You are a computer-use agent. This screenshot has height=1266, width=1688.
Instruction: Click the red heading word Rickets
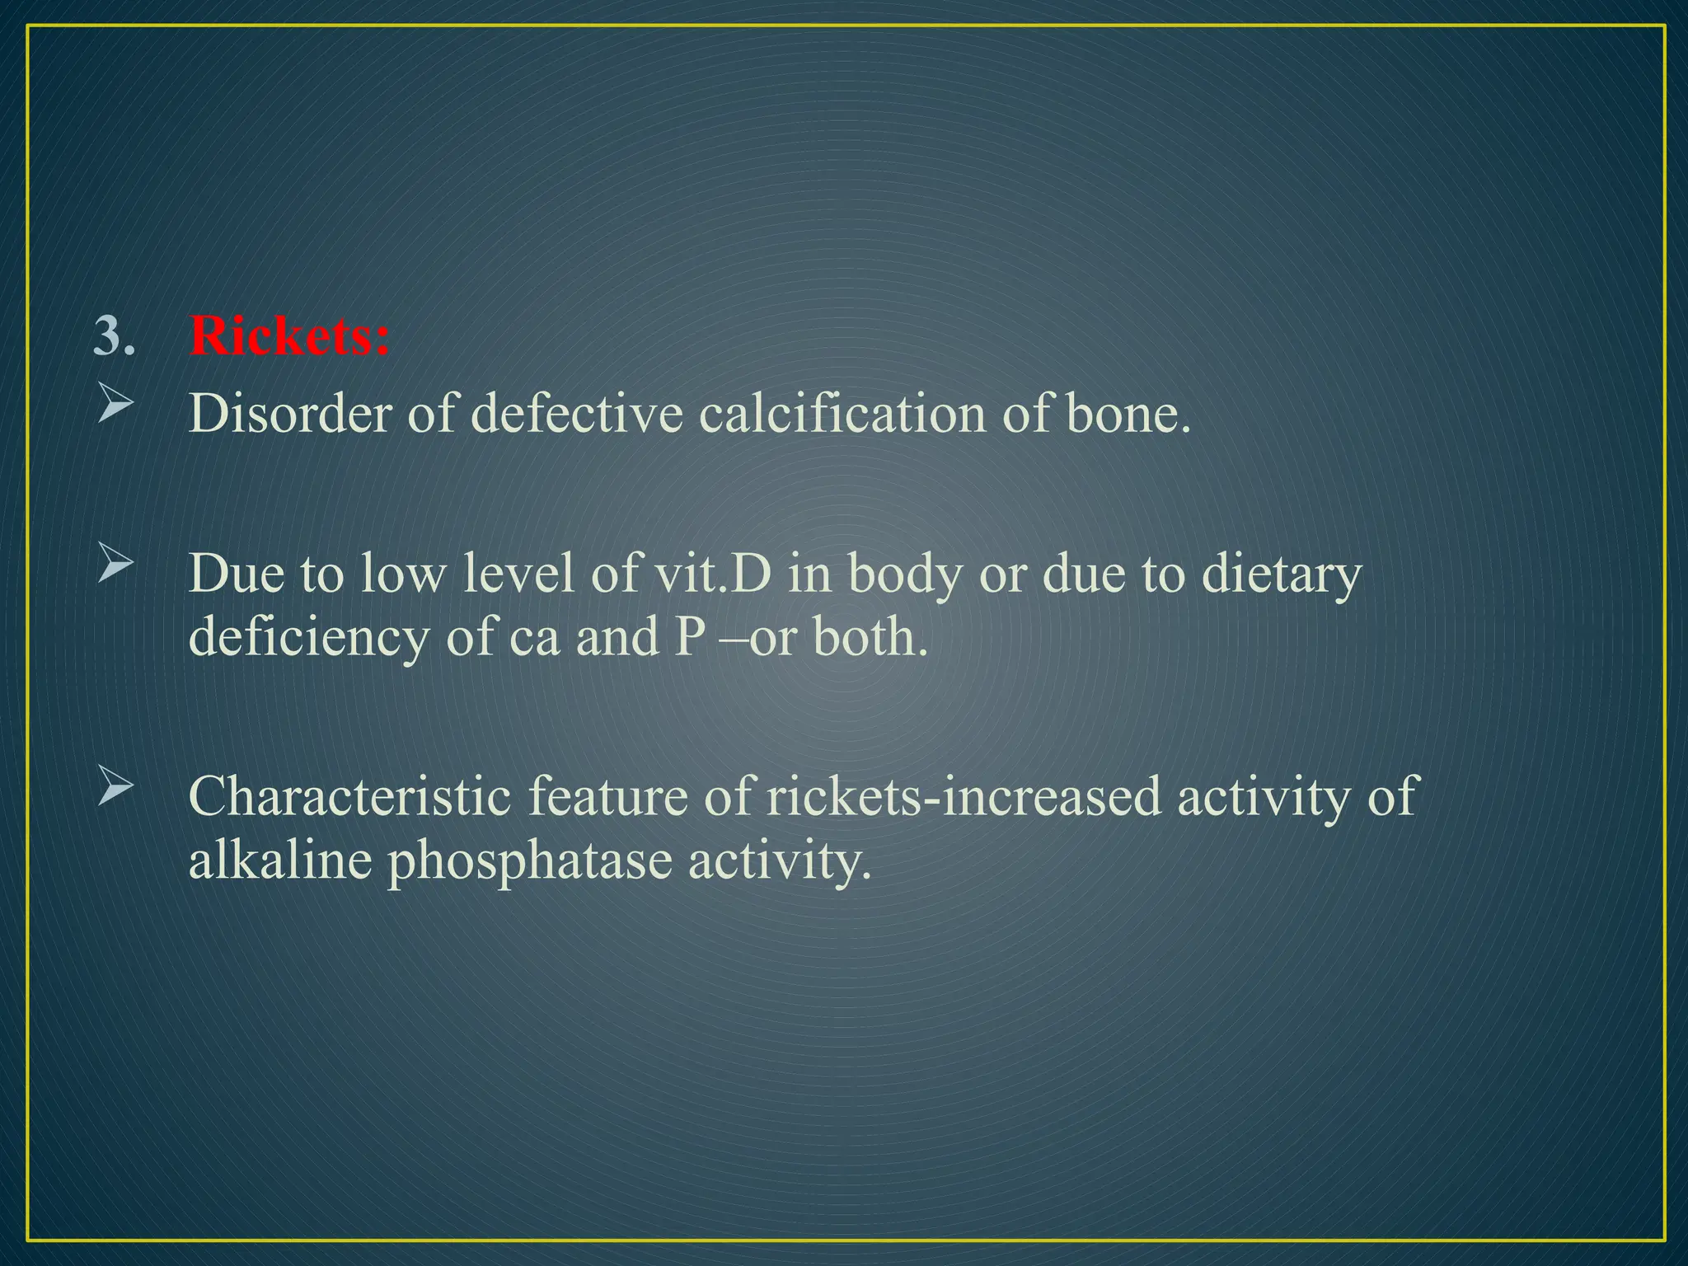coord(288,337)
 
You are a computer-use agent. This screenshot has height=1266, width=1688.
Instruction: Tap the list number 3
coord(114,337)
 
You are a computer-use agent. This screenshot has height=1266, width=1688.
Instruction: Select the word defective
coord(577,414)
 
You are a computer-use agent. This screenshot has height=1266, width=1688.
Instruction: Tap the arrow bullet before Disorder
coord(115,406)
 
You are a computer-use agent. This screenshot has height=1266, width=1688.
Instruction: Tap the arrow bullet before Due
coord(115,565)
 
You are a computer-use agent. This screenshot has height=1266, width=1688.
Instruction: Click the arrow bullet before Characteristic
coord(115,787)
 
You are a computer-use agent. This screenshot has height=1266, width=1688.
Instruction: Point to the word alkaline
coord(280,860)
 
